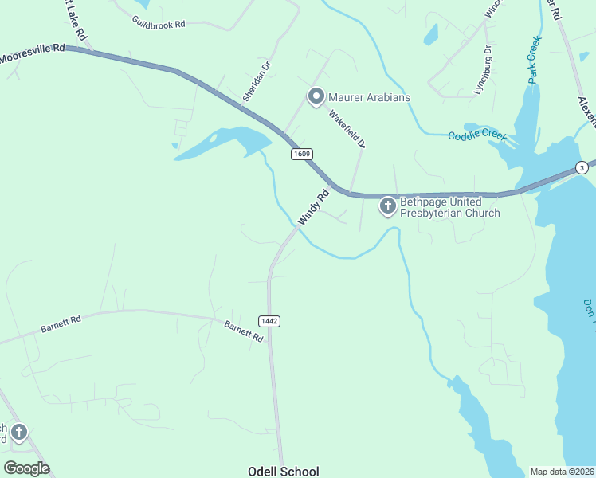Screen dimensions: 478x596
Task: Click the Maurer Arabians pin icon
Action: [316, 97]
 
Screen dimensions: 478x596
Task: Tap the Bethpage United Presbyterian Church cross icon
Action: [387, 207]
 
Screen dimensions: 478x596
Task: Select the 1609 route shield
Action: [301, 154]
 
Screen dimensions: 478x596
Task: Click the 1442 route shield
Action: [269, 320]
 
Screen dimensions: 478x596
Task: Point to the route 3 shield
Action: [582, 167]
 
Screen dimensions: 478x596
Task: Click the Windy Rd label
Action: [313, 206]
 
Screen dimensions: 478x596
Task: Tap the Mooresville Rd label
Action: [33, 54]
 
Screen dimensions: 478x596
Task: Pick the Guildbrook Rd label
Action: [159, 24]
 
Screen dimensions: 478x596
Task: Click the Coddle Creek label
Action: [477, 136]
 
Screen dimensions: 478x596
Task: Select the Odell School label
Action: [284, 472]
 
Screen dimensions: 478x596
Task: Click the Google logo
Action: [26, 468]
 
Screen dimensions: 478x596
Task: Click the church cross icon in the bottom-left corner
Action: [18, 433]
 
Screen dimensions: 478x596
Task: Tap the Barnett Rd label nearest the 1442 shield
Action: [243, 331]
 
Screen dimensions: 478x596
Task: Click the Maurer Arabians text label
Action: [370, 97]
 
